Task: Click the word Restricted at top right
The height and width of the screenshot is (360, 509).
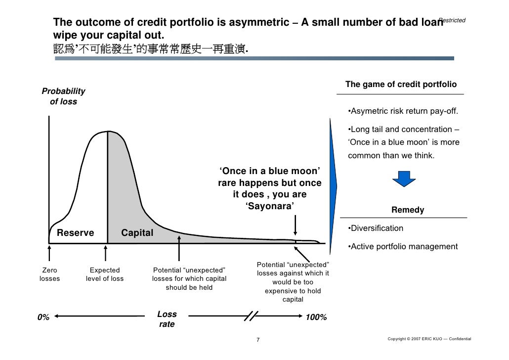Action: [x=452, y=20]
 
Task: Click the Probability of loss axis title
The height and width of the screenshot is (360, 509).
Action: [x=63, y=96]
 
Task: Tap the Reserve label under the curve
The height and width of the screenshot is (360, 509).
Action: [x=76, y=233]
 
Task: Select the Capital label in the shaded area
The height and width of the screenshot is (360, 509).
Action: [x=137, y=233]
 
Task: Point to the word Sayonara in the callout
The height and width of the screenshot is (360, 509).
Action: [x=270, y=206]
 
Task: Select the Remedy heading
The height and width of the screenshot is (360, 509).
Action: [x=408, y=210]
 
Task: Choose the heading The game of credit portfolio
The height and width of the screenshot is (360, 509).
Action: [x=401, y=85]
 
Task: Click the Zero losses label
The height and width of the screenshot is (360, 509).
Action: [x=49, y=274]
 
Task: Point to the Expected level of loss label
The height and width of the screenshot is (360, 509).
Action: [x=104, y=274]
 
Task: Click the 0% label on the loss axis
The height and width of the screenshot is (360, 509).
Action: [x=43, y=317]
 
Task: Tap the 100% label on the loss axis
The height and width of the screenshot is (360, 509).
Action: [x=316, y=317]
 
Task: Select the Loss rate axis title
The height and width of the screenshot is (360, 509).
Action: [x=167, y=319]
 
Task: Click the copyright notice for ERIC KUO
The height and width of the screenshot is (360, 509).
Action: [x=429, y=339]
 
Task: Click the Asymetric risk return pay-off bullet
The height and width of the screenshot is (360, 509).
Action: [x=402, y=110]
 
